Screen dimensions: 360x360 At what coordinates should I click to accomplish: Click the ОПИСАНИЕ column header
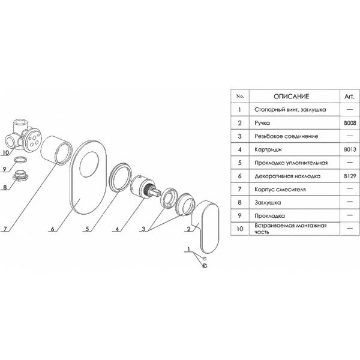(292, 96)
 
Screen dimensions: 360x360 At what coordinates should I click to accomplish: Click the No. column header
(241, 96)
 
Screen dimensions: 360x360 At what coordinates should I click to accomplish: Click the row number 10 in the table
(241, 228)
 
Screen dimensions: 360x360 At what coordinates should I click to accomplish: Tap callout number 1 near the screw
(189, 249)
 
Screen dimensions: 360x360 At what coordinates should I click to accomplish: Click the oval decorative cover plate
(86, 180)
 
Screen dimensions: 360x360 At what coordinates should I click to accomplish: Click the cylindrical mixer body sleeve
(59, 146)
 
